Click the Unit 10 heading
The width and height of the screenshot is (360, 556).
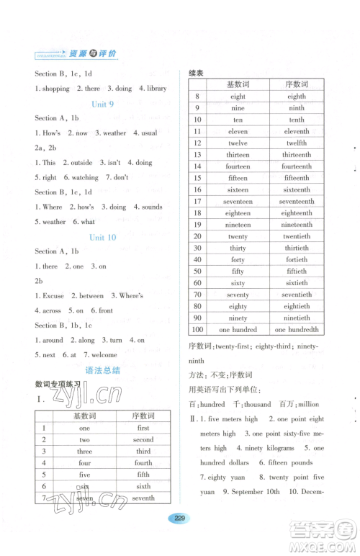click(102, 237)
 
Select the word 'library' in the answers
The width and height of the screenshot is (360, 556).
click(156, 89)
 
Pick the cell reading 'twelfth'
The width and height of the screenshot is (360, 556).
click(297, 143)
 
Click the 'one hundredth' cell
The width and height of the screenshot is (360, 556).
click(297, 329)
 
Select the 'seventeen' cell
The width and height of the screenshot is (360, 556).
click(238, 202)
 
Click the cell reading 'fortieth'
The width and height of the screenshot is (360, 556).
click(297, 260)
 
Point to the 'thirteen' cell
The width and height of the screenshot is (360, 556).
click(238, 155)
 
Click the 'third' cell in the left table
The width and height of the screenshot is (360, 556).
click(143, 452)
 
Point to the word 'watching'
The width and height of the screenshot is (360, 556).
click(86, 177)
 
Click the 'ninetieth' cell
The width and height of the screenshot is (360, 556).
click(297, 318)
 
